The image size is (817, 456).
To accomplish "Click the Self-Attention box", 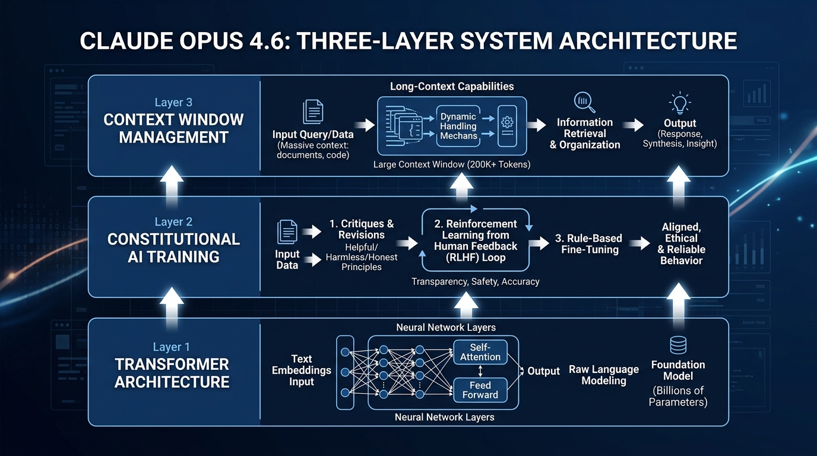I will coord(480,351).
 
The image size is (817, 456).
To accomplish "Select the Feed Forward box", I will coord(480,390).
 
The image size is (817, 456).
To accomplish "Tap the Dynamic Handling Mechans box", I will coord(458,126).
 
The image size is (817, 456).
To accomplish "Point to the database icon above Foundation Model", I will coord(678,345).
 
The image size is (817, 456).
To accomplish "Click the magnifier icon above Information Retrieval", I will coord(584,102).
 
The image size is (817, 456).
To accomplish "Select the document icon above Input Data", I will coord(287,232).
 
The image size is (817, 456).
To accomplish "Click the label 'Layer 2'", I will coord(173,222).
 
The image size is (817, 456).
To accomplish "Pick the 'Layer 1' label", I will coord(172,347).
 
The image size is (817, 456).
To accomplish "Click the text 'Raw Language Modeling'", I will coord(604,375).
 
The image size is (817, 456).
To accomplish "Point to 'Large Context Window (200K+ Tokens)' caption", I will coord(452,164).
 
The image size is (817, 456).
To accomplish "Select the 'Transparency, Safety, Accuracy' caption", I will coord(476,281).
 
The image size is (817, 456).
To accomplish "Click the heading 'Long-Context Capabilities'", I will coord(452,86).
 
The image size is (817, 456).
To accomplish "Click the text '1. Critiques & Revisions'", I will coord(362,229).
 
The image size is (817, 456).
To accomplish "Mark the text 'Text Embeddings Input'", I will coord(302,370).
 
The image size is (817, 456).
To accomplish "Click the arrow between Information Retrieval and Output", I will coord(636,125).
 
